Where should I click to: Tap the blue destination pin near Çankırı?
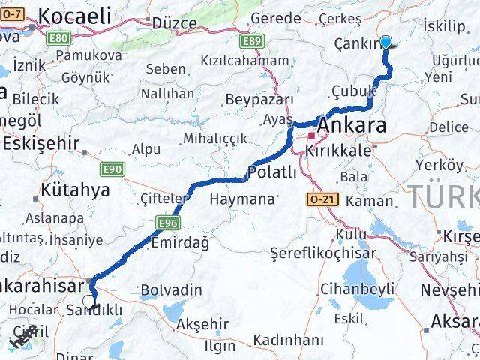pos(386,42)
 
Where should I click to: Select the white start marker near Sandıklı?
pos(89,301)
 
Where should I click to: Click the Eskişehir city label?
pos(41,143)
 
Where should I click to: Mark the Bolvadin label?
pos(172,289)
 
